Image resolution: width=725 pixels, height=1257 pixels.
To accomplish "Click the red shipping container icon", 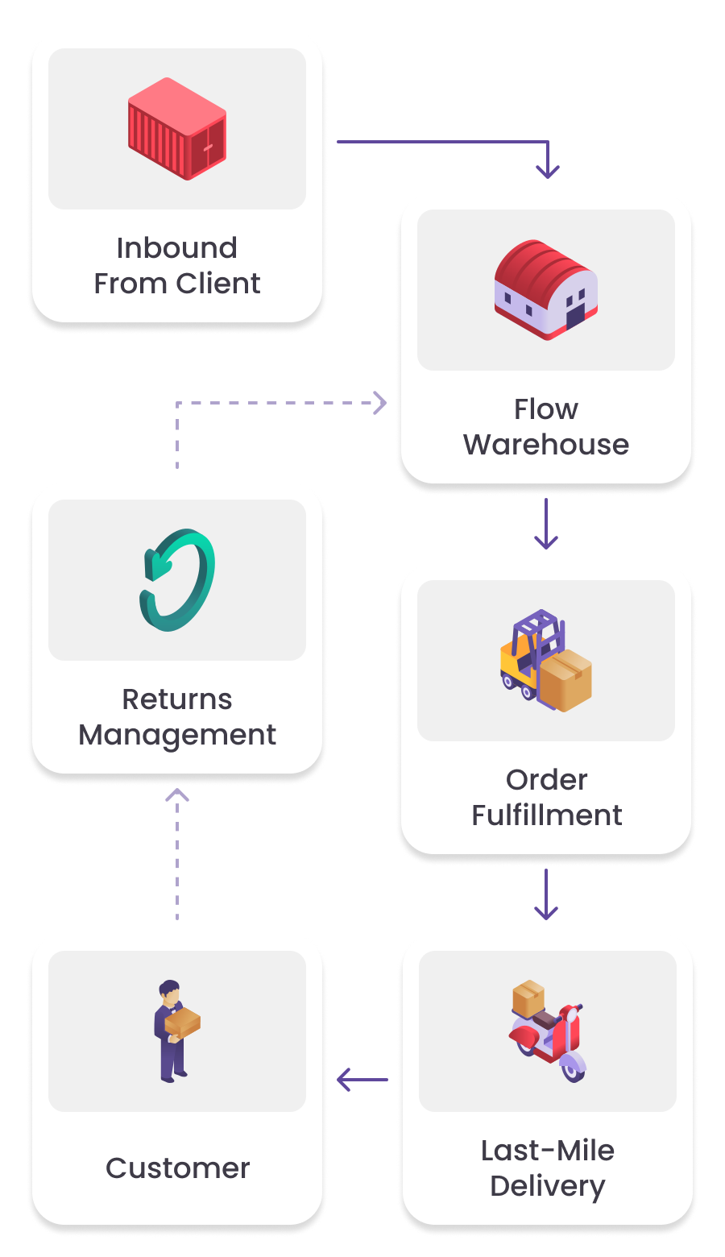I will click(x=177, y=129).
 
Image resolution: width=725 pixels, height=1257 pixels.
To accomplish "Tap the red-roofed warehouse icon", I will click(x=546, y=290).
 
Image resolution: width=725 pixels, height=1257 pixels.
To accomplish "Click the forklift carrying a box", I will click(x=546, y=661).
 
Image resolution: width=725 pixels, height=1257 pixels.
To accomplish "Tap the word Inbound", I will click(x=177, y=248).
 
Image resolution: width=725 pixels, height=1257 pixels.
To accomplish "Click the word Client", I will click(x=218, y=284).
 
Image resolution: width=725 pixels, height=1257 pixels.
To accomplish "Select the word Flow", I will click(x=546, y=409).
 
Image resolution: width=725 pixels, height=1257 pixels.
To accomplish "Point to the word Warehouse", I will click(x=546, y=445).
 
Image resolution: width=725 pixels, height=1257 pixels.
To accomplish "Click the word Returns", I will click(x=177, y=699).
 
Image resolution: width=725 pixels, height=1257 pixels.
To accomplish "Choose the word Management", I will click(x=177, y=735).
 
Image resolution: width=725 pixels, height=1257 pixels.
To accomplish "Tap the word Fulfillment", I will click(x=547, y=815).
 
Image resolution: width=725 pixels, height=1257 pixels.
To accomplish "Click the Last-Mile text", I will click(x=548, y=1151).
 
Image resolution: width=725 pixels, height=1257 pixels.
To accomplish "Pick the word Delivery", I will click(x=548, y=1187).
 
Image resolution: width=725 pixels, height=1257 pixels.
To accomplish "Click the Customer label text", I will click(x=178, y=1168).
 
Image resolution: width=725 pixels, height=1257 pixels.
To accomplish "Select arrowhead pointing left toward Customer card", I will click(x=345, y=1080).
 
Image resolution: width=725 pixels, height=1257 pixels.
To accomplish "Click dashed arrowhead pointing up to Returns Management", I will click(x=177, y=796).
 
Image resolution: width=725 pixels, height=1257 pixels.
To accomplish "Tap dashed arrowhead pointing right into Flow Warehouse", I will click(x=380, y=403).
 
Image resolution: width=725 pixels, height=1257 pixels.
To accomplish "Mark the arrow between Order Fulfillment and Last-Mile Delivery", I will click(x=546, y=894).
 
